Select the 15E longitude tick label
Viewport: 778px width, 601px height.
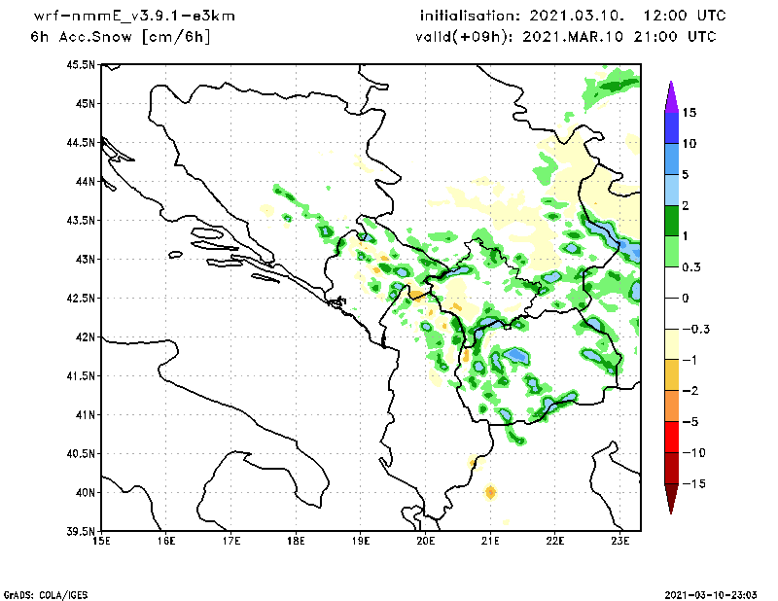100,541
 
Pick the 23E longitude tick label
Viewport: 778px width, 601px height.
621,541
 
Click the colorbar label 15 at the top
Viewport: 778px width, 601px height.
689,113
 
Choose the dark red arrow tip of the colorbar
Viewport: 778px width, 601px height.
670,502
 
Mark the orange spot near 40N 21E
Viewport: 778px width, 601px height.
490,492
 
